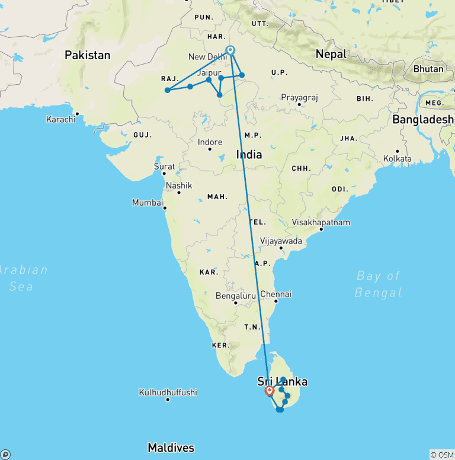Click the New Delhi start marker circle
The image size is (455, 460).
tap(230, 50)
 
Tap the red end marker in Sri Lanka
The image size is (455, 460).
tap(270, 391)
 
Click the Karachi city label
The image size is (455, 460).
tap(60, 119)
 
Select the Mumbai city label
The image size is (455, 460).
tap(147, 203)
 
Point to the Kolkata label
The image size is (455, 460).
tap(397, 159)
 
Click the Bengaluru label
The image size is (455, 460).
tap(236, 295)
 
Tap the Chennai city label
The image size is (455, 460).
tap(275, 294)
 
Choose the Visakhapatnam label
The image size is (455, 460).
tap(321, 223)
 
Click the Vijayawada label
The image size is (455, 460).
tap(281, 241)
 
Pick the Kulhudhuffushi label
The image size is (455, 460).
tap(168, 392)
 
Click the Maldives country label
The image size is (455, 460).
tap(171, 448)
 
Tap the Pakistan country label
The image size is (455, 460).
tap(88, 55)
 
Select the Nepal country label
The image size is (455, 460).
tap(331, 54)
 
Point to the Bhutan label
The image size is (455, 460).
tap(428, 69)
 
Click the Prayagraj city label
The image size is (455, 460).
tap(299, 97)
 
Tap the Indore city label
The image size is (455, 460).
tap(210, 142)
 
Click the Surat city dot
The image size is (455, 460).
tap(164, 172)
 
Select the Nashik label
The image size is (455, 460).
tap(179, 186)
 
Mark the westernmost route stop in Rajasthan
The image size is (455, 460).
tap(168, 90)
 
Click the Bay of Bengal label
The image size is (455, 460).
tap(378, 284)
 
